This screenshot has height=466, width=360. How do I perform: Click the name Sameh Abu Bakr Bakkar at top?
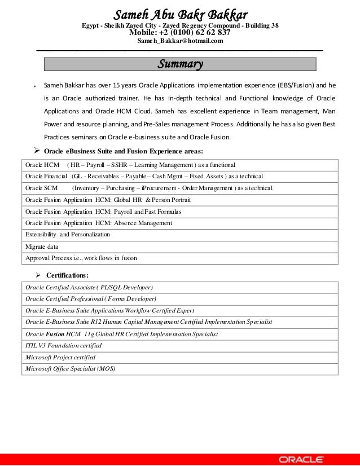(181, 13)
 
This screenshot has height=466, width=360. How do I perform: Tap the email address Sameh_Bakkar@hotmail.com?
(180, 41)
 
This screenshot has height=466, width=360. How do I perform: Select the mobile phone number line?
(180, 32)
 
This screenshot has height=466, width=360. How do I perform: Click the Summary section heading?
(180, 65)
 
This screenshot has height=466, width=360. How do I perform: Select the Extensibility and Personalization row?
(68, 234)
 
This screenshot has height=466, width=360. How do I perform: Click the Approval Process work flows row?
(81, 258)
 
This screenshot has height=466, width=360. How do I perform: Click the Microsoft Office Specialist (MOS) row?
(70, 368)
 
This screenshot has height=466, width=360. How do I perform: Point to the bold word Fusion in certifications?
(55, 333)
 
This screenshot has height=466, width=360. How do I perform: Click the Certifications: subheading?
(67, 275)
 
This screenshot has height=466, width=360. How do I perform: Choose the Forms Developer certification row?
(91, 298)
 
